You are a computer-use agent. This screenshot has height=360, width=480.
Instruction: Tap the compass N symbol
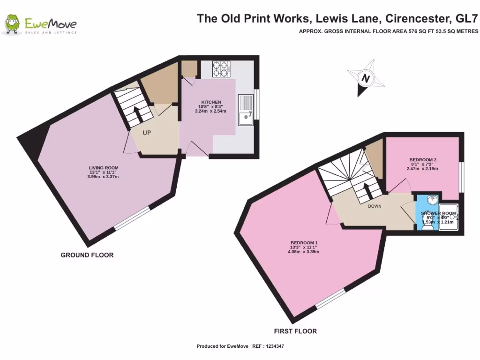(365, 78)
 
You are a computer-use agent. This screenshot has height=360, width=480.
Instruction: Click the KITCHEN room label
(211, 102)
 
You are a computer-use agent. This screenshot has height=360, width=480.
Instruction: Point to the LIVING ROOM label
(104, 168)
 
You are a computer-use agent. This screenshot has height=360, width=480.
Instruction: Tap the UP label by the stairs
(147, 133)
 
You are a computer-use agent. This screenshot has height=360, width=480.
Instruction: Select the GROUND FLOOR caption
(87, 255)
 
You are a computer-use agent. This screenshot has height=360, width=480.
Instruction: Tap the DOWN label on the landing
(375, 206)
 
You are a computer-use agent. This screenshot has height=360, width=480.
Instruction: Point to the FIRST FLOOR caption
(295, 331)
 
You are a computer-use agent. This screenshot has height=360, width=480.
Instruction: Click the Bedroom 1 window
(331, 299)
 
